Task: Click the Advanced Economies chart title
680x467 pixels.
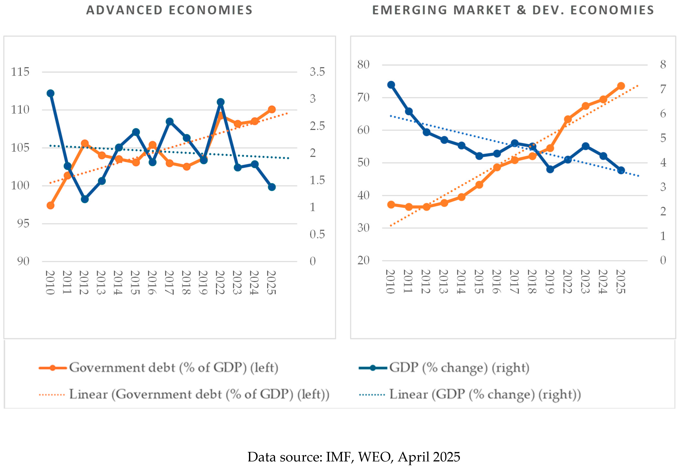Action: point(169,10)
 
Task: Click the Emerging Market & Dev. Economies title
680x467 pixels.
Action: point(513,10)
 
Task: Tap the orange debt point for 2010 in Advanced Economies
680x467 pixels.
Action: point(50,205)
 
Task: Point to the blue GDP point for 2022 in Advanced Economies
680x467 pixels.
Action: point(221,102)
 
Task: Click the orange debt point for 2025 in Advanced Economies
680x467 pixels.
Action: point(272,110)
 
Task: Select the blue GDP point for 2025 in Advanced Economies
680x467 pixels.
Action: point(272,187)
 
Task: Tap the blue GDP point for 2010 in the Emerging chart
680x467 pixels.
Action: point(391,85)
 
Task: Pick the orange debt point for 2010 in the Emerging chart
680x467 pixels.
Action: point(391,204)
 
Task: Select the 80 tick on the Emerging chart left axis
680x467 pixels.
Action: point(363,65)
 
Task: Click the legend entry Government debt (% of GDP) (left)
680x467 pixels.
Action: point(173,368)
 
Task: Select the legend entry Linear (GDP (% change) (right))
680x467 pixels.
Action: point(485,394)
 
